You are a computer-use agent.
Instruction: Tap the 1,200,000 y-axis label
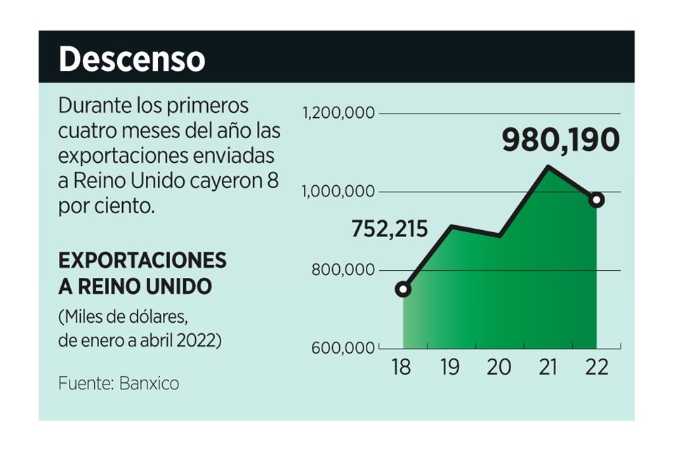click(339, 114)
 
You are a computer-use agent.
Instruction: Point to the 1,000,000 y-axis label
click(340, 192)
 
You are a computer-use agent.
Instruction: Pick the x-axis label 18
click(402, 368)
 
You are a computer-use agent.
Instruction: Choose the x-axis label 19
click(451, 368)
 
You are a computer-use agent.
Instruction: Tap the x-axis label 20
click(499, 368)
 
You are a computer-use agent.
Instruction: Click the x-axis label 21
click(548, 368)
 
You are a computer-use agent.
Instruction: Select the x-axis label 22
click(596, 368)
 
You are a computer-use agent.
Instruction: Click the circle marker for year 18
click(403, 289)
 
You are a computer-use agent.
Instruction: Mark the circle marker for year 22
click(597, 200)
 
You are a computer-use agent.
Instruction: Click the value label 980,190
click(561, 140)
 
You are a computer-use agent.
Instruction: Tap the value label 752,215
click(389, 229)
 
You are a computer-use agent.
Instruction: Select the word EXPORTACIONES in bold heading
click(143, 260)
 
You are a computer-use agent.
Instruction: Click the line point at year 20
click(500, 236)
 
